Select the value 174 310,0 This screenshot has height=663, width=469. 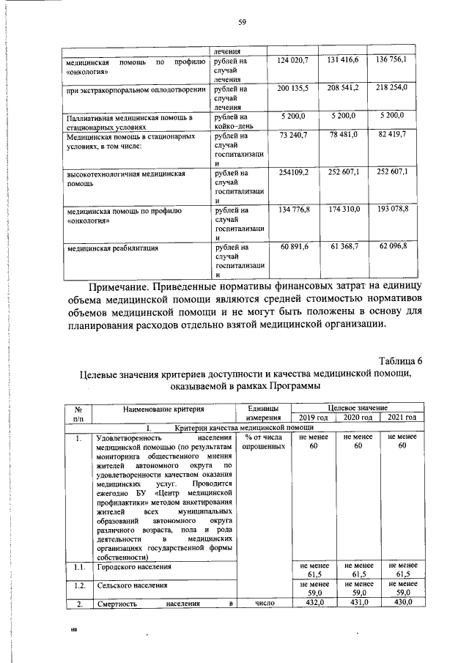pos(344,210)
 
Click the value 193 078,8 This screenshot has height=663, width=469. pos(391,210)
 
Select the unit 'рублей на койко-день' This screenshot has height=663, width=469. pos(232,121)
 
